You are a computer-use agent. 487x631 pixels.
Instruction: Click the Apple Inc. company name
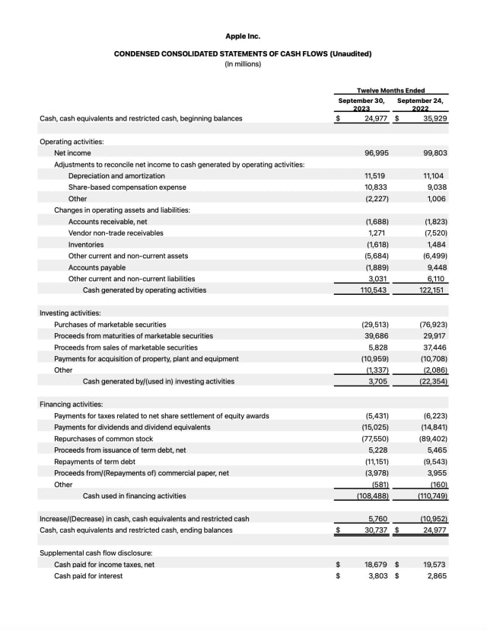(x=243, y=36)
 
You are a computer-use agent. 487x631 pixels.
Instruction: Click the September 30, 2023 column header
(x=361, y=104)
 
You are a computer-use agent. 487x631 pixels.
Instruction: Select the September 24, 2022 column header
(x=420, y=104)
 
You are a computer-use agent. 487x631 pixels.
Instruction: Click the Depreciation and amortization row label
(x=116, y=176)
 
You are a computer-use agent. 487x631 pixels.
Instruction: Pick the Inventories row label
(x=86, y=245)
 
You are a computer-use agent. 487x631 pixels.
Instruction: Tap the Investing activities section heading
(x=70, y=313)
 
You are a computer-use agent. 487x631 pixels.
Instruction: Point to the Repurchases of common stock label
(x=103, y=439)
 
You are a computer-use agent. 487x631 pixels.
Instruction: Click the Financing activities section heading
(x=71, y=405)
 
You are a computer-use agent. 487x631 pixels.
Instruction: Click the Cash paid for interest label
(x=88, y=576)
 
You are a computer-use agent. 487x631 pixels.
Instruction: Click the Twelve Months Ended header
(x=391, y=91)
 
